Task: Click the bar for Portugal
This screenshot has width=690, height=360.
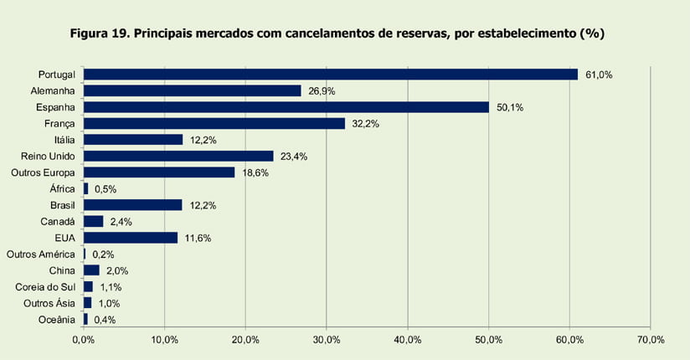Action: click(331, 75)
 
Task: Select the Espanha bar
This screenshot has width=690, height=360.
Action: click(286, 107)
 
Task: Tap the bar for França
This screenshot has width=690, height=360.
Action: click(214, 123)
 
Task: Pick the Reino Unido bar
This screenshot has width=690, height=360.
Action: click(178, 156)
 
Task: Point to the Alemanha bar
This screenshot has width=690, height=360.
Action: click(193, 90)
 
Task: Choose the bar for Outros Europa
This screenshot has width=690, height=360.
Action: click(159, 172)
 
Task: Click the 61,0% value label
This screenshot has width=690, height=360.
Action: click(599, 75)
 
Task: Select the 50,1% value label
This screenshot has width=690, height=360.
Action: click(510, 107)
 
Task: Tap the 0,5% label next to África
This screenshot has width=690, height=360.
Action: click(106, 189)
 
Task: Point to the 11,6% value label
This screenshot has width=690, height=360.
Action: click(198, 238)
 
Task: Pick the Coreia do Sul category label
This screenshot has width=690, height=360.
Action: click(46, 287)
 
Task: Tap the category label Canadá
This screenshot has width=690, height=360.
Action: click(58, 222)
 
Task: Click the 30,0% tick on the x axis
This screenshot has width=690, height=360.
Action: click(327, 340)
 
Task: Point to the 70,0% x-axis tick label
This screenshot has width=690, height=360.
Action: click(650, 340)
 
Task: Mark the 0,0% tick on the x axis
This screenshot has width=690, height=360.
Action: click(84, 340)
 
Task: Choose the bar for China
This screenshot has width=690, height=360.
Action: click(91, 270)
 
